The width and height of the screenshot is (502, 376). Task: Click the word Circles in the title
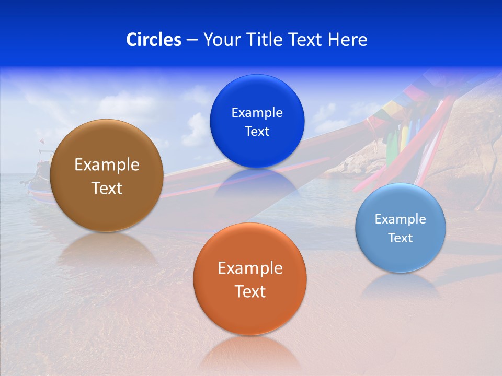tap(154, 40)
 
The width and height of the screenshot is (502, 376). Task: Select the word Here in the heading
tap(348, 40)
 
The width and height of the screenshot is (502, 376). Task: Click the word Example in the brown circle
tap(107, 165)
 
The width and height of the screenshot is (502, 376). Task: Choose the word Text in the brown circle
tap(107, 188)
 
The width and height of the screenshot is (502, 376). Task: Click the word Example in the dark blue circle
tap(257, 113)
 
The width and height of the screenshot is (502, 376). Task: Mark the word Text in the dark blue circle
tap(257, 132)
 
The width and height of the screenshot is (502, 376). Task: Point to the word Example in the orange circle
tap(250, 268)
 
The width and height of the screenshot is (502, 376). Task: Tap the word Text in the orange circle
tap(250, 291)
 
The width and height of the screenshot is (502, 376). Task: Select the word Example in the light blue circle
tap(400, 219)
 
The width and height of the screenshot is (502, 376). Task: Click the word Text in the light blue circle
tap(400, 238)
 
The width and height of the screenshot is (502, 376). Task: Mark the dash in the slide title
tap(191, 40)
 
